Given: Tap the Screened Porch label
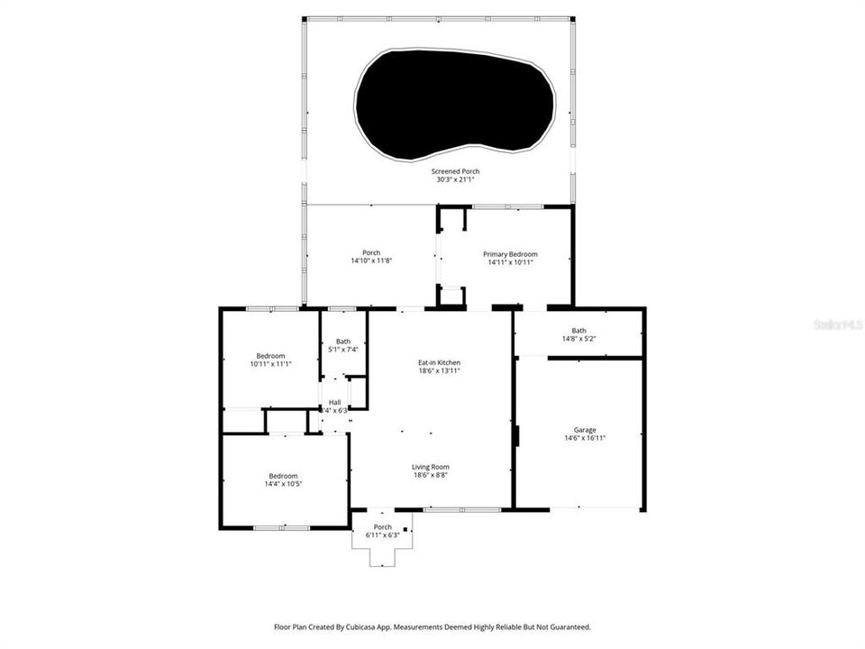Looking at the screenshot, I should [x=455, y=171].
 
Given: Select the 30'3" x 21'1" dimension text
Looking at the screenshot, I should [x=455, y=179].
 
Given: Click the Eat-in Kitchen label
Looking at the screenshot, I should [x=439, y=362].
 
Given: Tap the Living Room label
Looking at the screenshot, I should [x=431, y=467].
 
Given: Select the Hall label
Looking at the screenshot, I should [x=335, y=402].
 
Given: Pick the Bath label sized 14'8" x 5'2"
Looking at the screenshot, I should [x=578, y=330].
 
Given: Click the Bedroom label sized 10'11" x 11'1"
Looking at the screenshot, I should [x=270, y=355].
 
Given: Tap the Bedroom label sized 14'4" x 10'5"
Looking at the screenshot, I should [x=283, y=476].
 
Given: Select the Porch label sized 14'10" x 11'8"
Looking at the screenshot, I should [x=371, y=252].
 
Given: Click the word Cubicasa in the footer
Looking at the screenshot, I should [x=369, y=626].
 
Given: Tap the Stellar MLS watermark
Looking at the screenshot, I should [x=838, y=323].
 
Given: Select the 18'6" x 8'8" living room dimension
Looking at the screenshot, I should [x=431, y=475].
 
